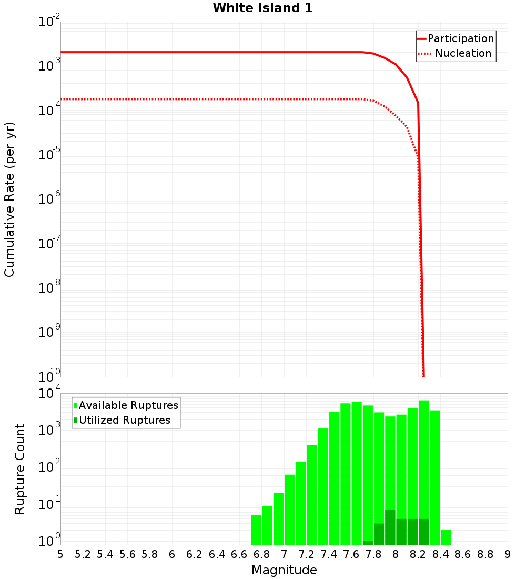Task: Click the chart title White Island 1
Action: point(263,8)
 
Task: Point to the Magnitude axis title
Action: point(284,570)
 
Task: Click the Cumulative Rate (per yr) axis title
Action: point(9,199)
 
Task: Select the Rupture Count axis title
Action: point(20,469)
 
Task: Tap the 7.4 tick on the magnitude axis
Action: point(329,554)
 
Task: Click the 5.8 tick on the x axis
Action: point(150,554)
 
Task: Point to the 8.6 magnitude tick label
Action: point(463,554)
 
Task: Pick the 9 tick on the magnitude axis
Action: point(507,554)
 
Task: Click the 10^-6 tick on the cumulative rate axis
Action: point(48,199)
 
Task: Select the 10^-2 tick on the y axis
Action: point(48,22)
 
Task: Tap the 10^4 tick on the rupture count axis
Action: point(48,393)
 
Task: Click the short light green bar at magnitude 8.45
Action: point(446,537)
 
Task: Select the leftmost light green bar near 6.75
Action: point(256,530)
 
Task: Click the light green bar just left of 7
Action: point(279,519)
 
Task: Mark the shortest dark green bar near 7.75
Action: point(368,543)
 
